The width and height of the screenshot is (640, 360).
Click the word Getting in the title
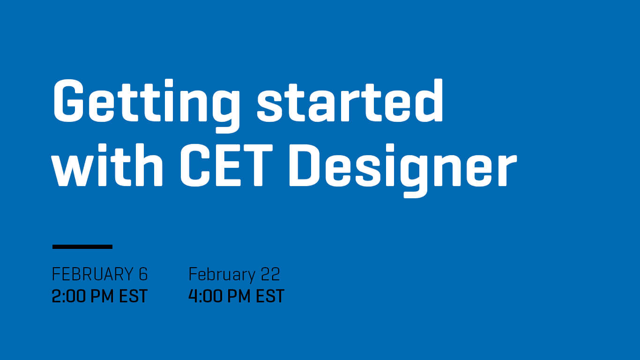[146, 106]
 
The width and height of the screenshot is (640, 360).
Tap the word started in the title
[350, 101]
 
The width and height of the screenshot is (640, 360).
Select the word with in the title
[107, 165]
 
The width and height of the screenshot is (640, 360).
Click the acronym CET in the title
[226, 165]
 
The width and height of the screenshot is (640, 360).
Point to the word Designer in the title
[403, 171]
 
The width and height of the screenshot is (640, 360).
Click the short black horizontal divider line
[82, 247]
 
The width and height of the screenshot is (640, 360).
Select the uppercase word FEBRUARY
[92, 274]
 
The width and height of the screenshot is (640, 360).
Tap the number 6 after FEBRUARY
[143, 274]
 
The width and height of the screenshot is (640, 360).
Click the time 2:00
[68, 296]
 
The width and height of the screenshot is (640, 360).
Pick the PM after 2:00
[102, 296]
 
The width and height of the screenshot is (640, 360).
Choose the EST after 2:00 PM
[133, 296]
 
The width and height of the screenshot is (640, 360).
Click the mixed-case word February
[222, 275]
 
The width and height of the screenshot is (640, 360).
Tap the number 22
[270, 274]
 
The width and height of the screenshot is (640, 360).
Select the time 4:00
[205, 296]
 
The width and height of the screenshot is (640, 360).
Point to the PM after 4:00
[238, 296]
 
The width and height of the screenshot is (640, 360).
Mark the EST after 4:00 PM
[270, 296]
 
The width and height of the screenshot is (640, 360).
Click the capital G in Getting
[68, 101]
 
